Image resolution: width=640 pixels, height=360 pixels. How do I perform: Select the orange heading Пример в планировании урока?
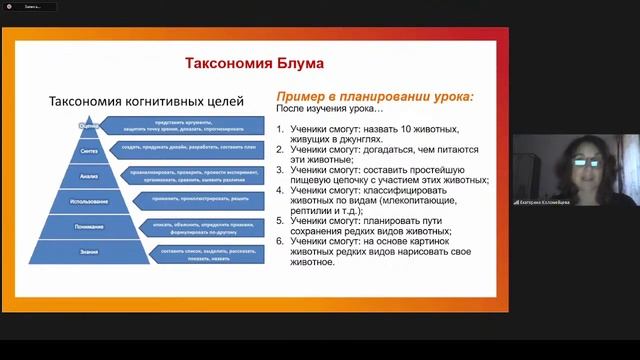pos(374,96)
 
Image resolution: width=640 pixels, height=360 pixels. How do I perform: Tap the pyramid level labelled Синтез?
pos(89,149)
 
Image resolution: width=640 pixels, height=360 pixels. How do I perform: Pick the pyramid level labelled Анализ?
pos(89,175)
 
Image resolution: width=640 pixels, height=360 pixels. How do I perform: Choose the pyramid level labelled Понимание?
pos(89,227)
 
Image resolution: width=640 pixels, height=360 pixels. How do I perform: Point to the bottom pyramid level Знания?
pos(89,253)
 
